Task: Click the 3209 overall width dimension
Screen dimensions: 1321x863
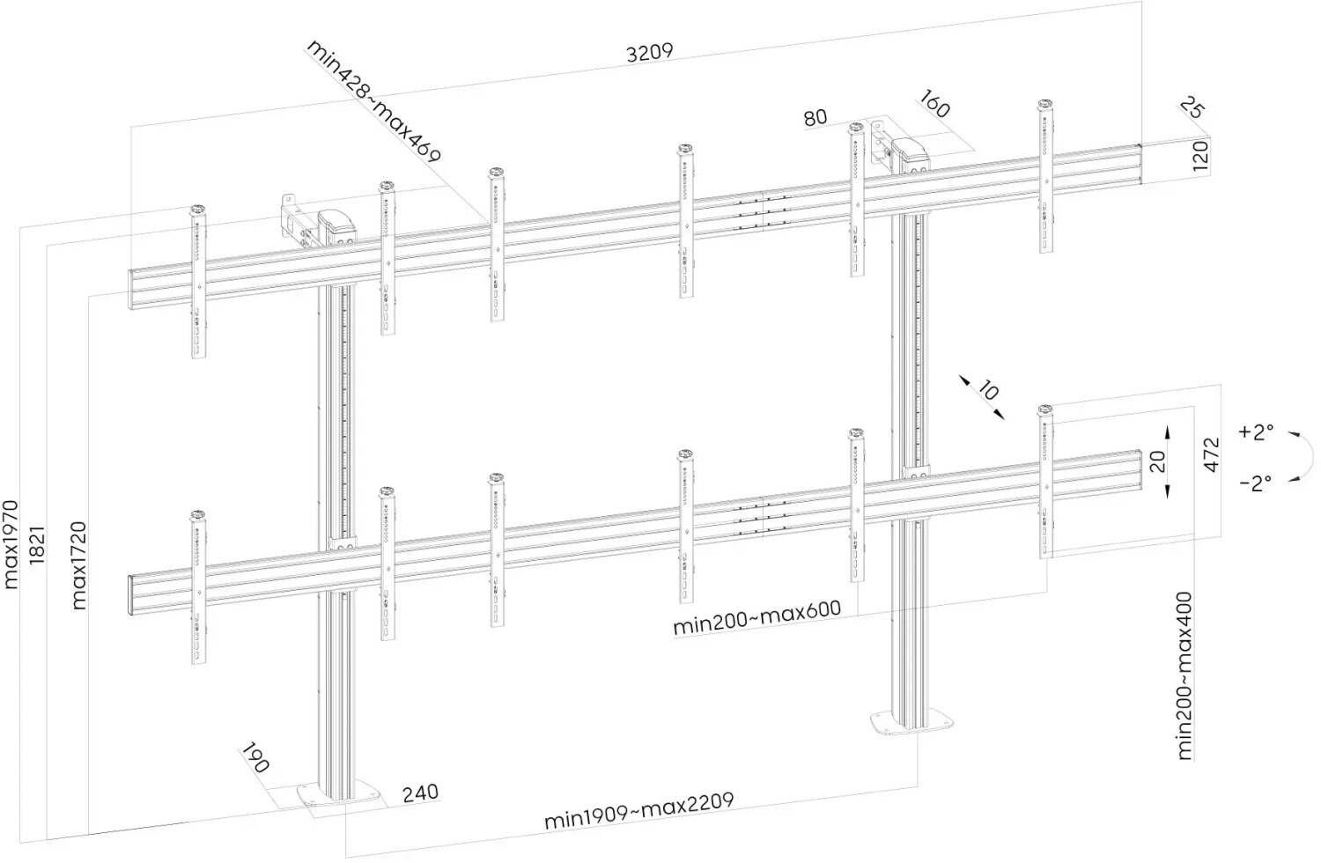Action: tap(649, 52)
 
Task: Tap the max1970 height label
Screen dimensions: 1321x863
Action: tap(11, 543)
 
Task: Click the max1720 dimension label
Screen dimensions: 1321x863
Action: tap(78, 564)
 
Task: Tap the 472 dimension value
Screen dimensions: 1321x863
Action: tap(1212, 454)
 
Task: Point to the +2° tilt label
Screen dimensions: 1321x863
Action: tap(1256, 432)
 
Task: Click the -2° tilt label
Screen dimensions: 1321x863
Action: tap(1256, 483)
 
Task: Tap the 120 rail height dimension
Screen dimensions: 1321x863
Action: tap(1199, 155)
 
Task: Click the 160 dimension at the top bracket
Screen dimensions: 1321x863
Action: tap(934, 104)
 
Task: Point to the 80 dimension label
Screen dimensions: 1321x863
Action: tap(815, 117)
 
